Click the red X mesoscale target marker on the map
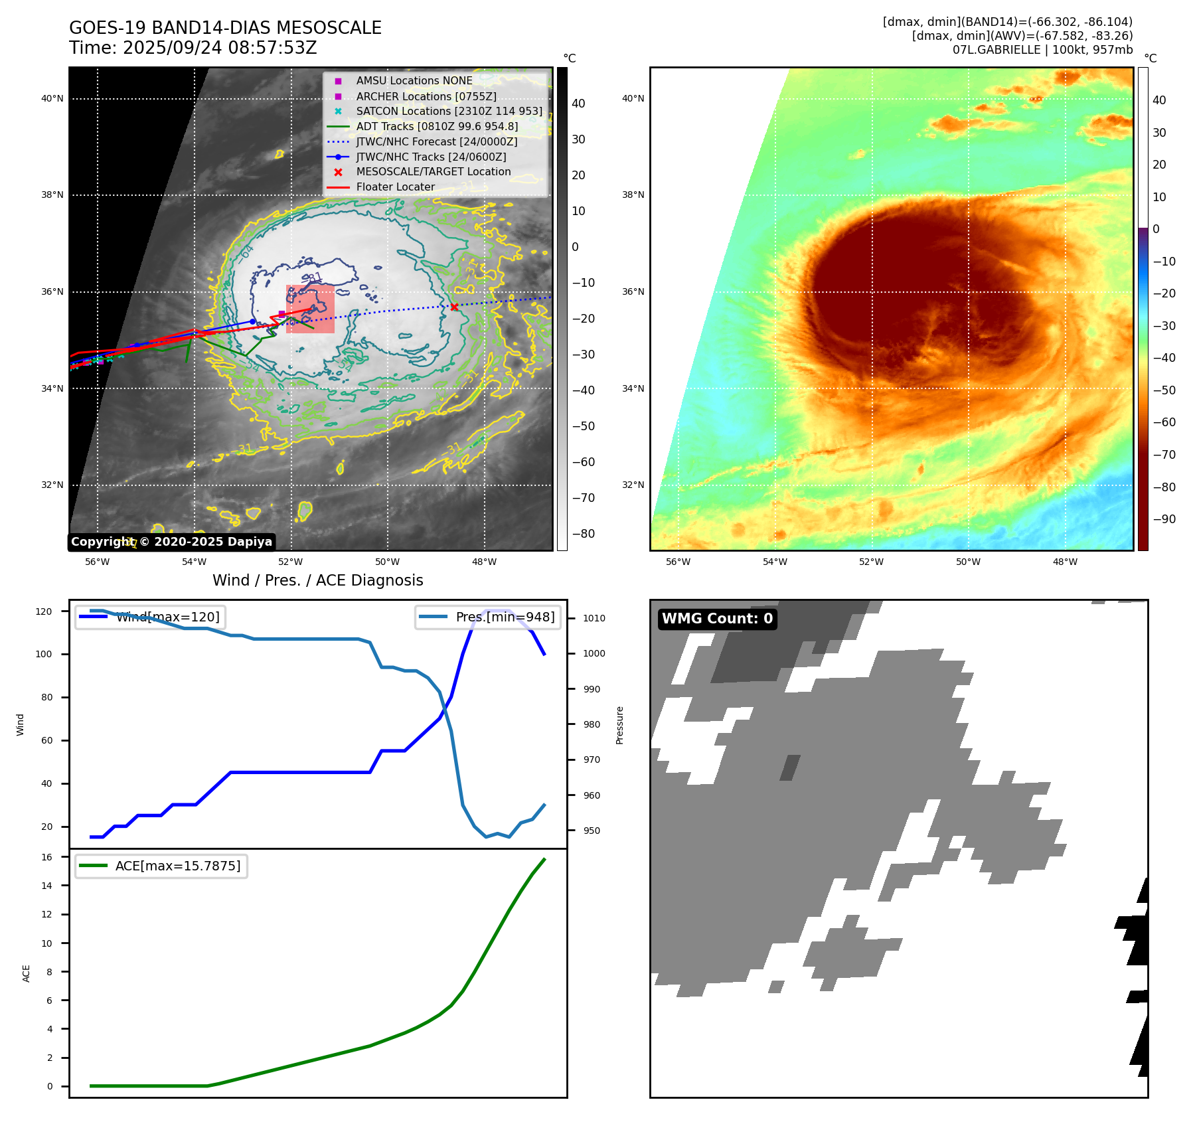454,307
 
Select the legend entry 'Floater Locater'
395,187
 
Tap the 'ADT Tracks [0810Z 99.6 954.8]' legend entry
437,126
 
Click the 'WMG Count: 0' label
717,619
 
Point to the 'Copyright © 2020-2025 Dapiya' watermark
171,542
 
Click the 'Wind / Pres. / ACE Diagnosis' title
317,580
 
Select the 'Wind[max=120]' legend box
150,617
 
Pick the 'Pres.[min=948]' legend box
488,617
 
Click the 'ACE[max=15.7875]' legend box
161,866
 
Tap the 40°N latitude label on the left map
52,99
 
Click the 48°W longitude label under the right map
1065,562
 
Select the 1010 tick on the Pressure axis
594,618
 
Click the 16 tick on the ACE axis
47,857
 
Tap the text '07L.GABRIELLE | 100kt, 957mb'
1042,50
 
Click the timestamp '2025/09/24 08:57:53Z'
220,48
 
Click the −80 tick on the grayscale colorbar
584,534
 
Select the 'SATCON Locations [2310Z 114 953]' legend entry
449,111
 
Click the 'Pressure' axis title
619,725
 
